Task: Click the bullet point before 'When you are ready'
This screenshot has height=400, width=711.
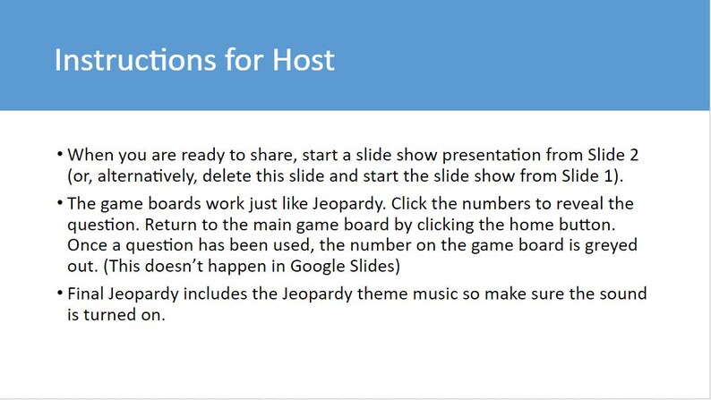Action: tap(58, 153)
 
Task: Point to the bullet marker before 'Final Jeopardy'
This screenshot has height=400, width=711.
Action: tap(58, 294)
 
